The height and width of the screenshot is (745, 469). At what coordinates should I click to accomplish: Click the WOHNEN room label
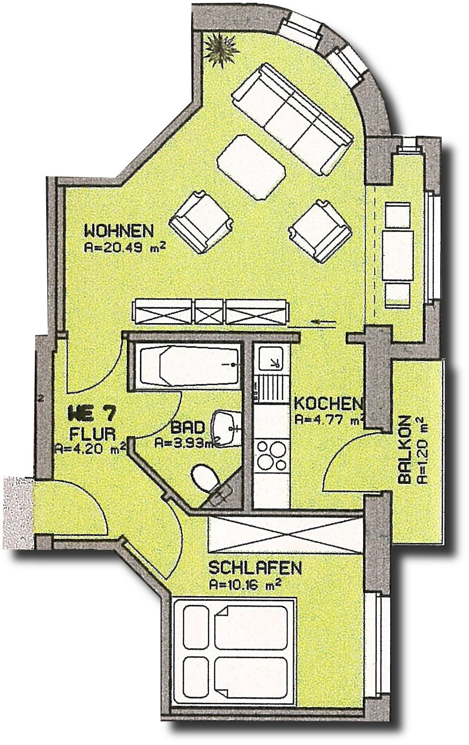(119, 231)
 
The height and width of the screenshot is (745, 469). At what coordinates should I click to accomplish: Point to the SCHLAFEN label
(255, 568)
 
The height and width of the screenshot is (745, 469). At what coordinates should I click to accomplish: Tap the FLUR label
(92, 434)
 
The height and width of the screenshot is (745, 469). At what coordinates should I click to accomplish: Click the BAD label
(184, 427)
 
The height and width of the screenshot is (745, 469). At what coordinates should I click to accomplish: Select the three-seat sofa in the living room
(292, 118)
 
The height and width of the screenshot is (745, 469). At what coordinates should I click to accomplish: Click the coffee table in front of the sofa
(251, 167)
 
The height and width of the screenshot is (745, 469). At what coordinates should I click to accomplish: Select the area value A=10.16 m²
(244, 584)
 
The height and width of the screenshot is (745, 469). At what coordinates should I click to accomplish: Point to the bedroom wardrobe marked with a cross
(285, 534)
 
